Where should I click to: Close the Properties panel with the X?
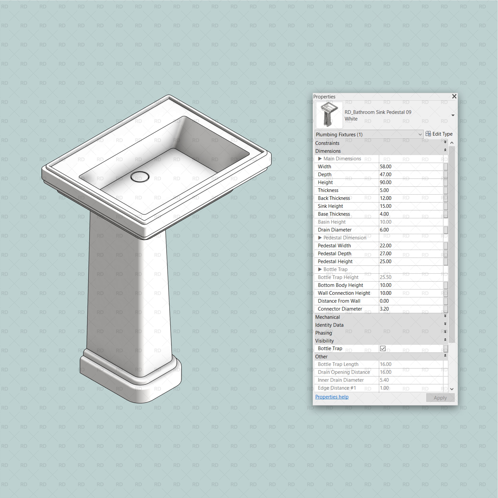pyautogui.click(x=454, y=96)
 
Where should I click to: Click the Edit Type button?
pyautogui.click(x=439, y=134)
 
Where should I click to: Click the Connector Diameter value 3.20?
pyautogui.click(x=384, y=309)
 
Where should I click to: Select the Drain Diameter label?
pyautogui.click(x=335, y=230)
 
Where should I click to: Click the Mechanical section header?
pyautogui.click(x=328, y=317)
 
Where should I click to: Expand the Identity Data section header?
pyautogui.click(x=329, y=325)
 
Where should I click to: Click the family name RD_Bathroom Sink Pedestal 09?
pyautogui.click(x=378, y=112)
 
